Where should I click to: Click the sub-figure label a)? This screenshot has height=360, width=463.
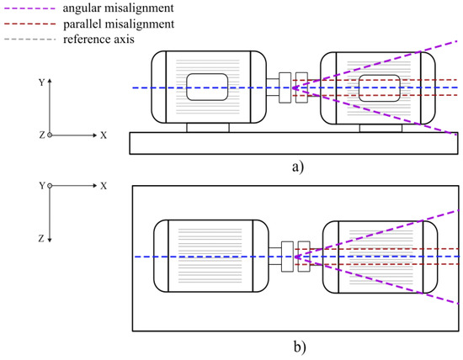(296, 166)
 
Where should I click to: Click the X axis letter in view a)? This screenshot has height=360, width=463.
(104, 135)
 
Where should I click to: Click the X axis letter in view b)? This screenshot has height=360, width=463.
(104, 184)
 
